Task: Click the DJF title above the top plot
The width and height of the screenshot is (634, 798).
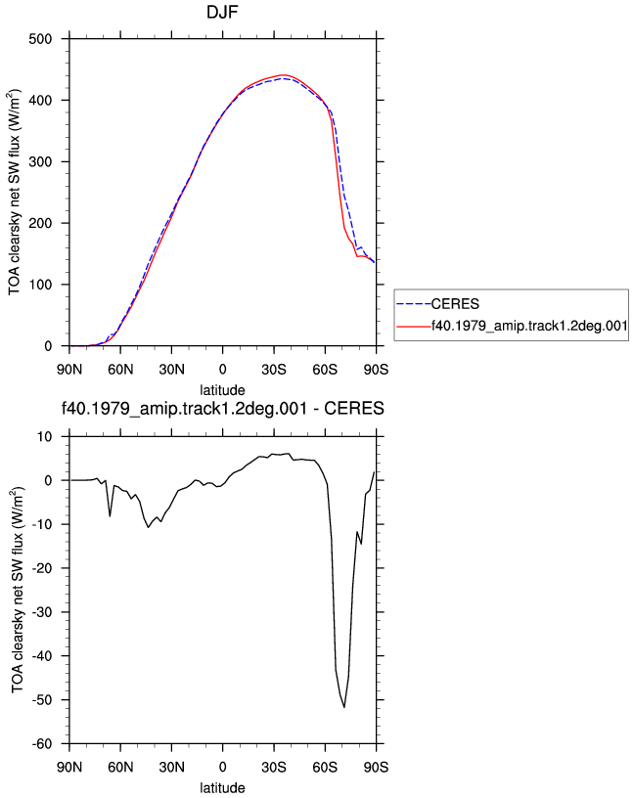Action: coord(222,12)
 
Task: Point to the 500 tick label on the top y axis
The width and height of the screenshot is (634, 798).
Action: coord(40,39)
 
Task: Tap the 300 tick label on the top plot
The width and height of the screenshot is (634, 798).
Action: coord(40,161)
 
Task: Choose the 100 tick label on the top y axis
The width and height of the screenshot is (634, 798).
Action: coord(40,285)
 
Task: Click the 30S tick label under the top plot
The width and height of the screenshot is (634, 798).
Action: coord(274,370)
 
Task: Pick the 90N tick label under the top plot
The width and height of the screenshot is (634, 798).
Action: coord(69,370)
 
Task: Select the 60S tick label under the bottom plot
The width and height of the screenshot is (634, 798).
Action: coord(325,767)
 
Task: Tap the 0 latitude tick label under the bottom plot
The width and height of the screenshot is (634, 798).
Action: coord(222,767)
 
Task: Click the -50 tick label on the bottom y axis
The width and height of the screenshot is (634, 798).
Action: coord(42,700)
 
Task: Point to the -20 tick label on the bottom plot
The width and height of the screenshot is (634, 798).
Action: coord(42,568)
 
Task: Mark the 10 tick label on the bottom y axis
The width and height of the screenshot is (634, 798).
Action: coord(45,437)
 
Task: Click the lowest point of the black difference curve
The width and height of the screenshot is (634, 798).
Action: coord(344,707)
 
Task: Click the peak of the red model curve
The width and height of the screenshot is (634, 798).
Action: coord(283,74)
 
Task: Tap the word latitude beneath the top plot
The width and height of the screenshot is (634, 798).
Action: coord(222,390)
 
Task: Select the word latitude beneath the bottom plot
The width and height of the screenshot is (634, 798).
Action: coord(222,788)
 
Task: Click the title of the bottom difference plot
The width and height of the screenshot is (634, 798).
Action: coord(222,409)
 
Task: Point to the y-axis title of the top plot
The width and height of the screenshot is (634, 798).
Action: coord(15,192)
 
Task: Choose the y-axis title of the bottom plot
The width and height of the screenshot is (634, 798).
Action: coord(18,590)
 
